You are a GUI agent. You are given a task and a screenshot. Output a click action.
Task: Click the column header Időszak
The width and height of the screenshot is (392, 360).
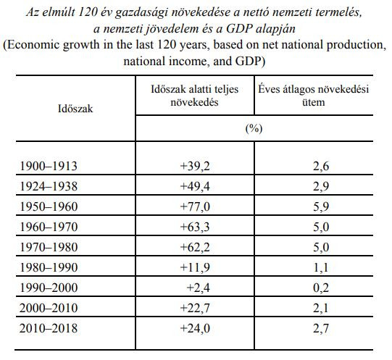(x=75, y=109)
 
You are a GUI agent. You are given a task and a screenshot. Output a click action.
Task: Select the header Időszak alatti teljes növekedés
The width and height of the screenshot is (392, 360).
(x=194, y=96)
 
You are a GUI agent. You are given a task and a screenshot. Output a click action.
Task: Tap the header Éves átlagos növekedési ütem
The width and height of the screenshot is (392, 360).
(x=314, y=96)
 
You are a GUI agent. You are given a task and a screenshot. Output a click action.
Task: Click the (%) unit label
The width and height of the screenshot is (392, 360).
(x=254, y=129)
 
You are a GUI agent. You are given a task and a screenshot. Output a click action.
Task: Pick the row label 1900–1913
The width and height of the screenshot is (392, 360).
(x=49, y=166)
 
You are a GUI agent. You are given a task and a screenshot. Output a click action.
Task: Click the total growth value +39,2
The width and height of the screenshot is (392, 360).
(x=195, y=166)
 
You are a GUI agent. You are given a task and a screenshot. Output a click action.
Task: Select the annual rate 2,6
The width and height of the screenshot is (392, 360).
(x=321, y=166)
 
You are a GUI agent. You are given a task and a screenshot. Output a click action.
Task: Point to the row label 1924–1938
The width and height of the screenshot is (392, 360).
(x=49, y=186)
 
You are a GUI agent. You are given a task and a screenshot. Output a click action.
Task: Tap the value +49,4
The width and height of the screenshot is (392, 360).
(x=195, y=186)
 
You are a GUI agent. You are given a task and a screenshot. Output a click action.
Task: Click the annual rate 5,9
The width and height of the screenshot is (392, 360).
(x=321, y=206)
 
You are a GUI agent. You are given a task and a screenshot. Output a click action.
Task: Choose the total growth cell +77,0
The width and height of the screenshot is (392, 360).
(x=195, y=206)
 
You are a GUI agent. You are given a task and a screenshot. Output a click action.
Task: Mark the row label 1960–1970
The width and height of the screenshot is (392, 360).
(x=49, y=227)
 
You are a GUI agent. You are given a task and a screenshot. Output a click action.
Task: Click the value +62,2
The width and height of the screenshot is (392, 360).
(x=195, y=247)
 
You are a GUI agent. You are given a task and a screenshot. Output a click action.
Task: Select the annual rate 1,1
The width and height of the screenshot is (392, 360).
(x=321, y=267)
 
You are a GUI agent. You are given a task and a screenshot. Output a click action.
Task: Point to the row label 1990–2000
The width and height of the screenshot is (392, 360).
(x=49, y=288)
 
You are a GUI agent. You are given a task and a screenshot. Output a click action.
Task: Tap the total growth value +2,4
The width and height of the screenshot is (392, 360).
(x=198, y=288)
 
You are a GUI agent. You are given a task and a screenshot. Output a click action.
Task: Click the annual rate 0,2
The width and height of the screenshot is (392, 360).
(x=321, y=288)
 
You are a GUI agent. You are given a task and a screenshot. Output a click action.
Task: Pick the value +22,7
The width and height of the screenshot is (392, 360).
(x=195, y=308)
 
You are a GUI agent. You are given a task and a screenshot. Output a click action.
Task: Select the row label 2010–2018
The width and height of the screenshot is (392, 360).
(x=49, y=328)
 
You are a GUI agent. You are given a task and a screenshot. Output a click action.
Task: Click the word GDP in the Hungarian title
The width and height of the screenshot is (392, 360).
(x=238, y=29)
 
